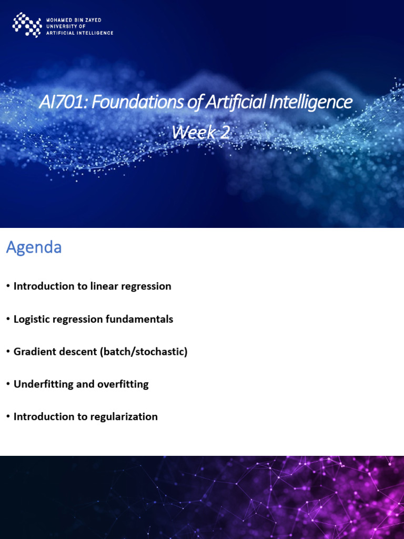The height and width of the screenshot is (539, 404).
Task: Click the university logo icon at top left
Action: click(x=27, y=25)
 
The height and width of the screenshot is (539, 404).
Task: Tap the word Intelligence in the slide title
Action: click(x=310, y=102)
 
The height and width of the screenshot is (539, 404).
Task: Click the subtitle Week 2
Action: click(x=200, y=133)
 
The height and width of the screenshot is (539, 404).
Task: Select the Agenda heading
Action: click(x=34, y=247)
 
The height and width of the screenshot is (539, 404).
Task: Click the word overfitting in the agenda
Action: click(x=123, y=384)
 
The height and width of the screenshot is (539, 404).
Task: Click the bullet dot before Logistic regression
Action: click(x=8, y=319)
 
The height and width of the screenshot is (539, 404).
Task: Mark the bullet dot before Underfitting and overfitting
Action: click(x=8, y=384)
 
